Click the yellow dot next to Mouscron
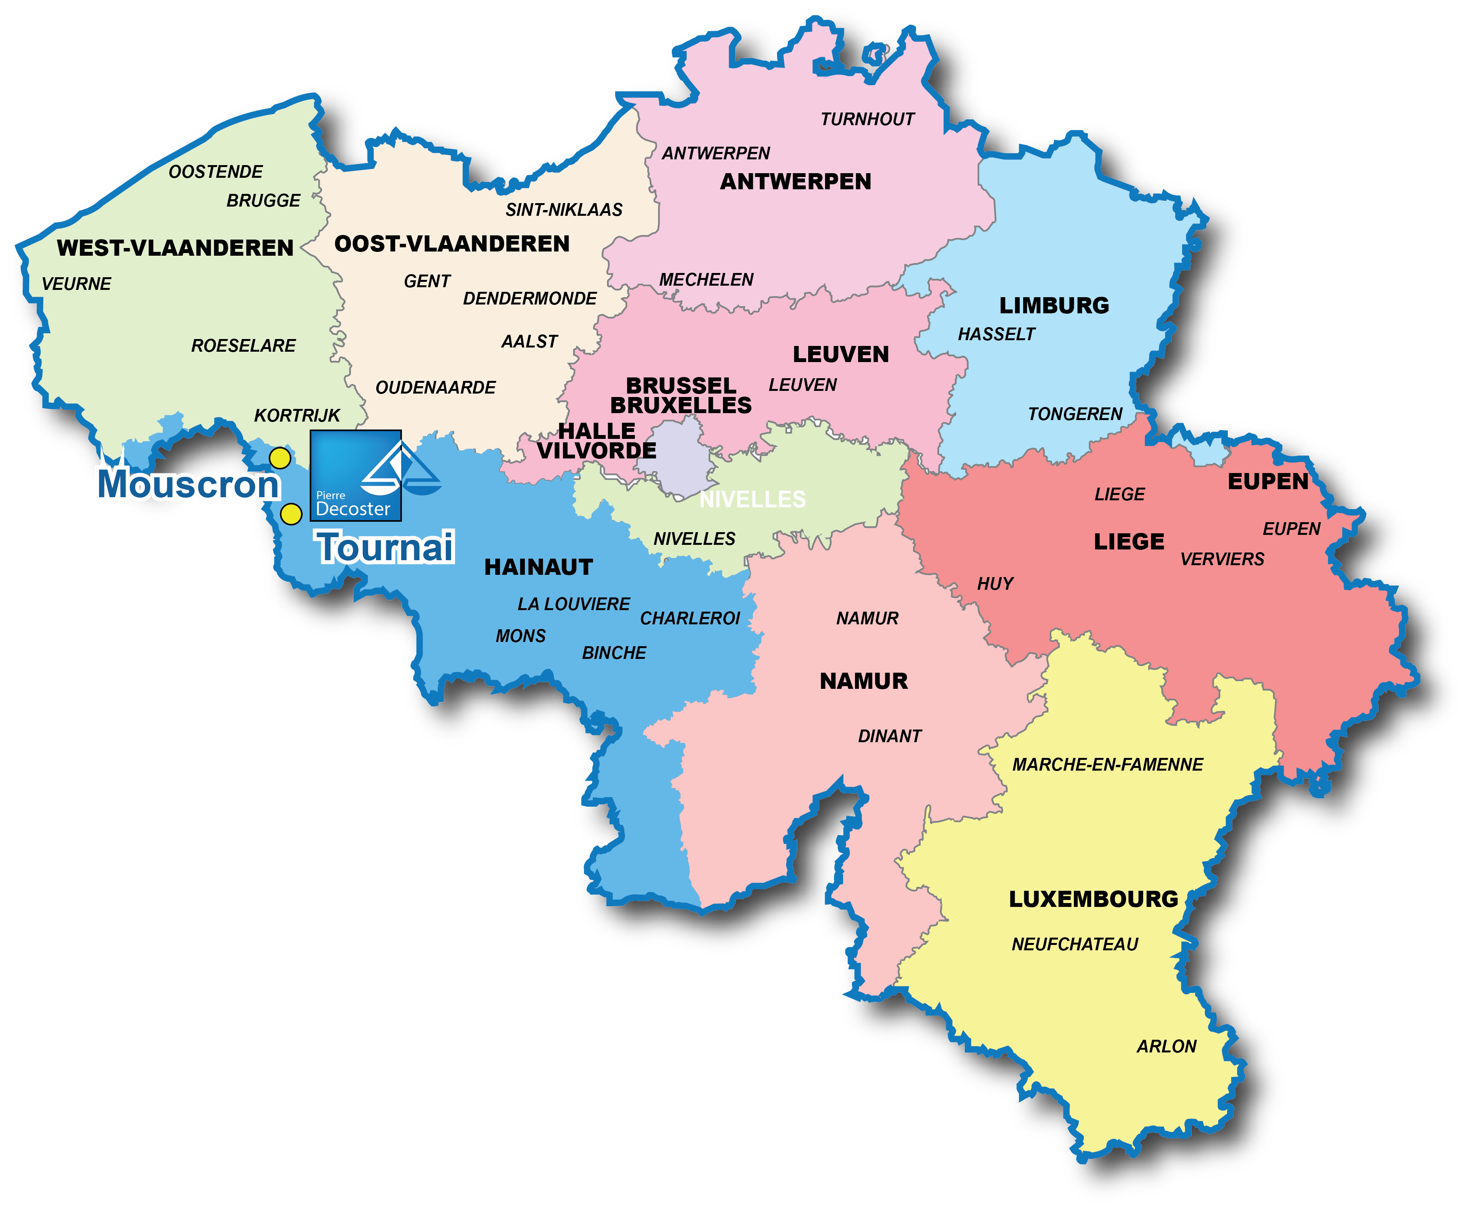click(280, 458)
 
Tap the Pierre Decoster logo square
click(356, 476)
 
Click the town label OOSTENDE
click(215, 172)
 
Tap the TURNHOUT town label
click(867, 119)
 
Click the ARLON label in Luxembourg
click(1166, 1046)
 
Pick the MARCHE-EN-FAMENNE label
click(1107, 764)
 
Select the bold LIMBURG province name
click(1054, 306)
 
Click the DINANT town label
click(890, 736)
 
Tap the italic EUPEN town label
click(1291, 529)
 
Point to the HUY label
click(995, 584)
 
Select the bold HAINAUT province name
click(539, 567)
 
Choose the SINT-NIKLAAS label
click(564, 210)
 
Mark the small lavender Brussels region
click(680, 457)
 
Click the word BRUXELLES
click(681, 405)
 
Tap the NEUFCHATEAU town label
click(1074, 945)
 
